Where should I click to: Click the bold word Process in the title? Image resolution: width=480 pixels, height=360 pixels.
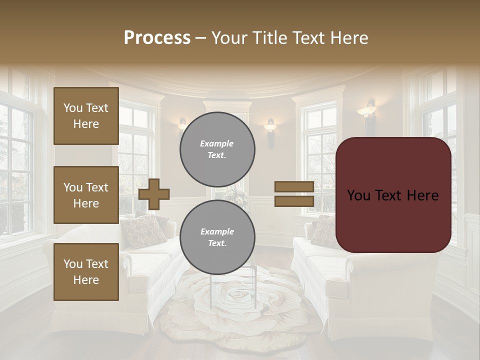point(157,37)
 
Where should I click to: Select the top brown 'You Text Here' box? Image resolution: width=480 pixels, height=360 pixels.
point(86,116)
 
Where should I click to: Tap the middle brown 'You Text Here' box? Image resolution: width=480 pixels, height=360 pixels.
point(86,195)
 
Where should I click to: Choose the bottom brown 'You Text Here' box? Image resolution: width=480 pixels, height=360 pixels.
point(86,272)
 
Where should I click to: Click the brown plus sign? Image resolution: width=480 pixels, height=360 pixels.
point(154,194)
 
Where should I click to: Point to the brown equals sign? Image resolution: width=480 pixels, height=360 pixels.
point(294,194)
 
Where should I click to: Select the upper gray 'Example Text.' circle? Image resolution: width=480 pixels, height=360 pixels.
point(217,149)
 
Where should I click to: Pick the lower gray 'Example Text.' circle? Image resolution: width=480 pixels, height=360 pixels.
point(217,237)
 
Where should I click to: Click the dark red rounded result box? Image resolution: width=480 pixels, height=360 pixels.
point(393,195)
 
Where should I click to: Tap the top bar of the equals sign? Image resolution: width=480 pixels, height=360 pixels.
point(294,187)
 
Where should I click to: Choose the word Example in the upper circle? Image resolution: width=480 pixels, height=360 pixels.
point(217,143)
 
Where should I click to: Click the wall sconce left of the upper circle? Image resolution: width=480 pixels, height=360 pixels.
point(182,125)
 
